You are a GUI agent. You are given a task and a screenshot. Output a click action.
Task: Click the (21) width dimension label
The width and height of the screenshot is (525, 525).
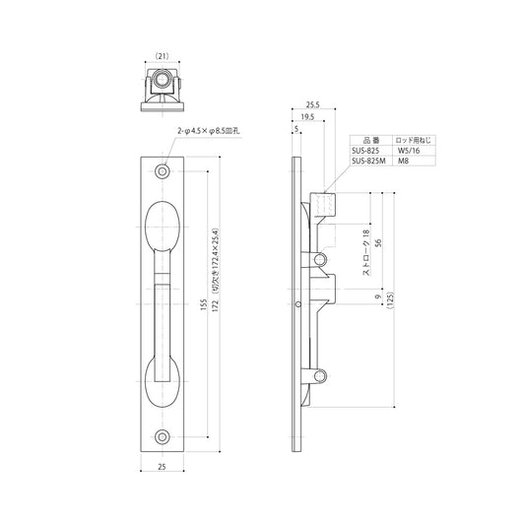tap(163, 56)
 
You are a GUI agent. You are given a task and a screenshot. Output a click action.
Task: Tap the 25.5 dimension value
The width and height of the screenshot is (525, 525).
tap(312, 104)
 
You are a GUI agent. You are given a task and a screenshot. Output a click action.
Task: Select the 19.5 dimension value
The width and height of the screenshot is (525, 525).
tap(307, 117)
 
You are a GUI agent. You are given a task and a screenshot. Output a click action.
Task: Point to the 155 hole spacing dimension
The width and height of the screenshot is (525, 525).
tap(204, 304)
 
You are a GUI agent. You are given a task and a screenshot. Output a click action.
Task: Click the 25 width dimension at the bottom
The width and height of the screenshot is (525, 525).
tap(162, 467)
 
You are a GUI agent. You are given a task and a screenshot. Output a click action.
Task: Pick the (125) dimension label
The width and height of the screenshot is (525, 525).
tap(390, 300)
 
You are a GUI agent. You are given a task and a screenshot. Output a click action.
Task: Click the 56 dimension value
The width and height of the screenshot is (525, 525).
tap(378, 242)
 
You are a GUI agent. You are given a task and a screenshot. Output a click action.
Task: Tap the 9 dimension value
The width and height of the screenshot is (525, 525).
tap(378, 296)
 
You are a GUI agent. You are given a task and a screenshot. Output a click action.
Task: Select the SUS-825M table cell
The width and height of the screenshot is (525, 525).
tap(368, 162)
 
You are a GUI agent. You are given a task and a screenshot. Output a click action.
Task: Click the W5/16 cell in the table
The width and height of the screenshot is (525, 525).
tap(409, 151)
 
